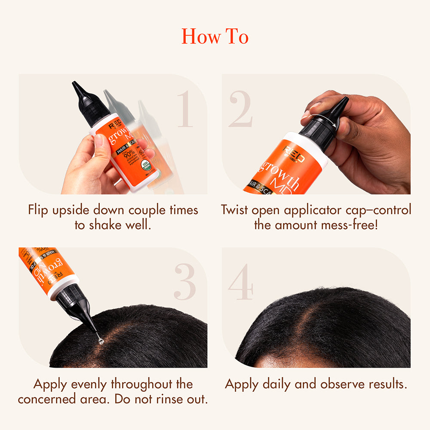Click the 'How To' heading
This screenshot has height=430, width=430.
[215, 36]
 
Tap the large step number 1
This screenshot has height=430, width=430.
[185, 109]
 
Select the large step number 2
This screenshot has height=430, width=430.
[240, 109]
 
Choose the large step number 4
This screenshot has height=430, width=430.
[241, 282]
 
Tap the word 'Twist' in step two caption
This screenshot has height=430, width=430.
[235, 210]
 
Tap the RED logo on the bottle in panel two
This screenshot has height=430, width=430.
[294, 154]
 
